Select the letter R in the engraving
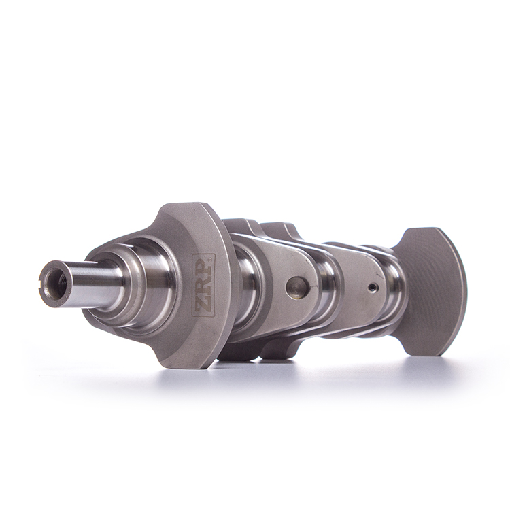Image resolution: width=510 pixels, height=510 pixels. (203, 285)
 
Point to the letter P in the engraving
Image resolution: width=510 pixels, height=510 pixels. (203, 267)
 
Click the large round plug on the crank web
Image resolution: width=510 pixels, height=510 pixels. (297, 286)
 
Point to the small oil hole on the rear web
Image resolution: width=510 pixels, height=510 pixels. (373, 288)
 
